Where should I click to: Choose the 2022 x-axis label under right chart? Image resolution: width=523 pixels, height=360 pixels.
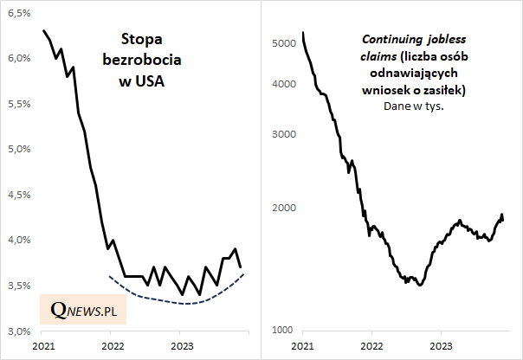coord(371,346)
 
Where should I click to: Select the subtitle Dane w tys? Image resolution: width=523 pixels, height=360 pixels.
coord(412,106)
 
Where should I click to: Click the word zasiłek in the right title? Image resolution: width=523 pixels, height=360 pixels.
coord(448,90)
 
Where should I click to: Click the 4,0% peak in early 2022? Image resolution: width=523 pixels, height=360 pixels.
coord(113,240)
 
